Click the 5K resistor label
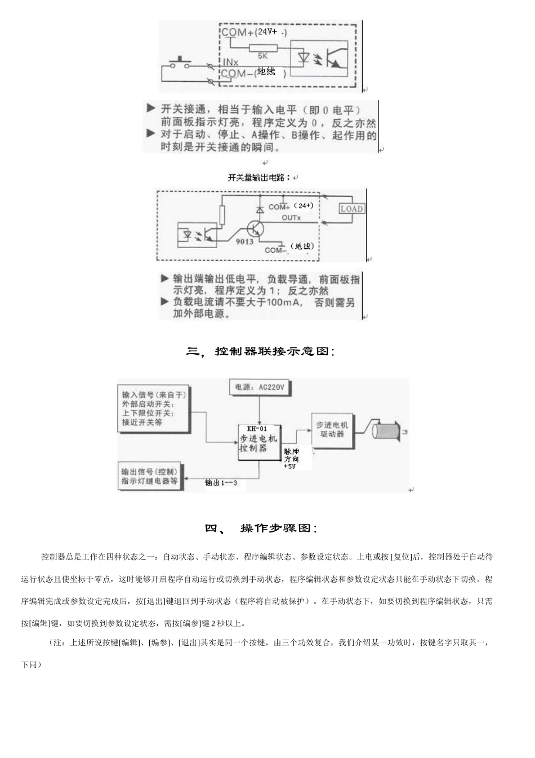tap(263, 56)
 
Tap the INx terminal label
tap(229, 62)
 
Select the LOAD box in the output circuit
tap(351, 208)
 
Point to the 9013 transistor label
tap(244, 241)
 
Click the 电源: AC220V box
tap(260, 387)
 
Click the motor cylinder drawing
tap(386, 431)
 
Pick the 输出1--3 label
tap(221, 483)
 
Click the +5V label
tap(289, 467)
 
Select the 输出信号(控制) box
tap(149, 477)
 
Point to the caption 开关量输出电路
tap(260, 178)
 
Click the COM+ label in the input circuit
tap(237, 32)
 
